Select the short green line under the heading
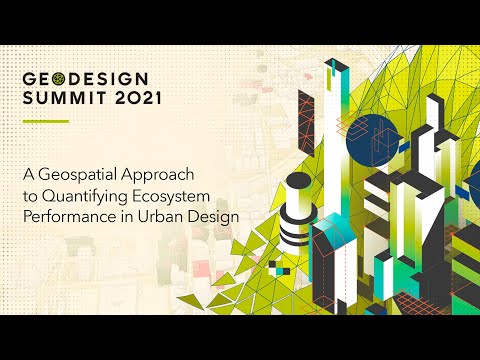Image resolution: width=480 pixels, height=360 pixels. [x=45, y=122]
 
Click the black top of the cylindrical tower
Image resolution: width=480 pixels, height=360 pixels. [x=299, y=180]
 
